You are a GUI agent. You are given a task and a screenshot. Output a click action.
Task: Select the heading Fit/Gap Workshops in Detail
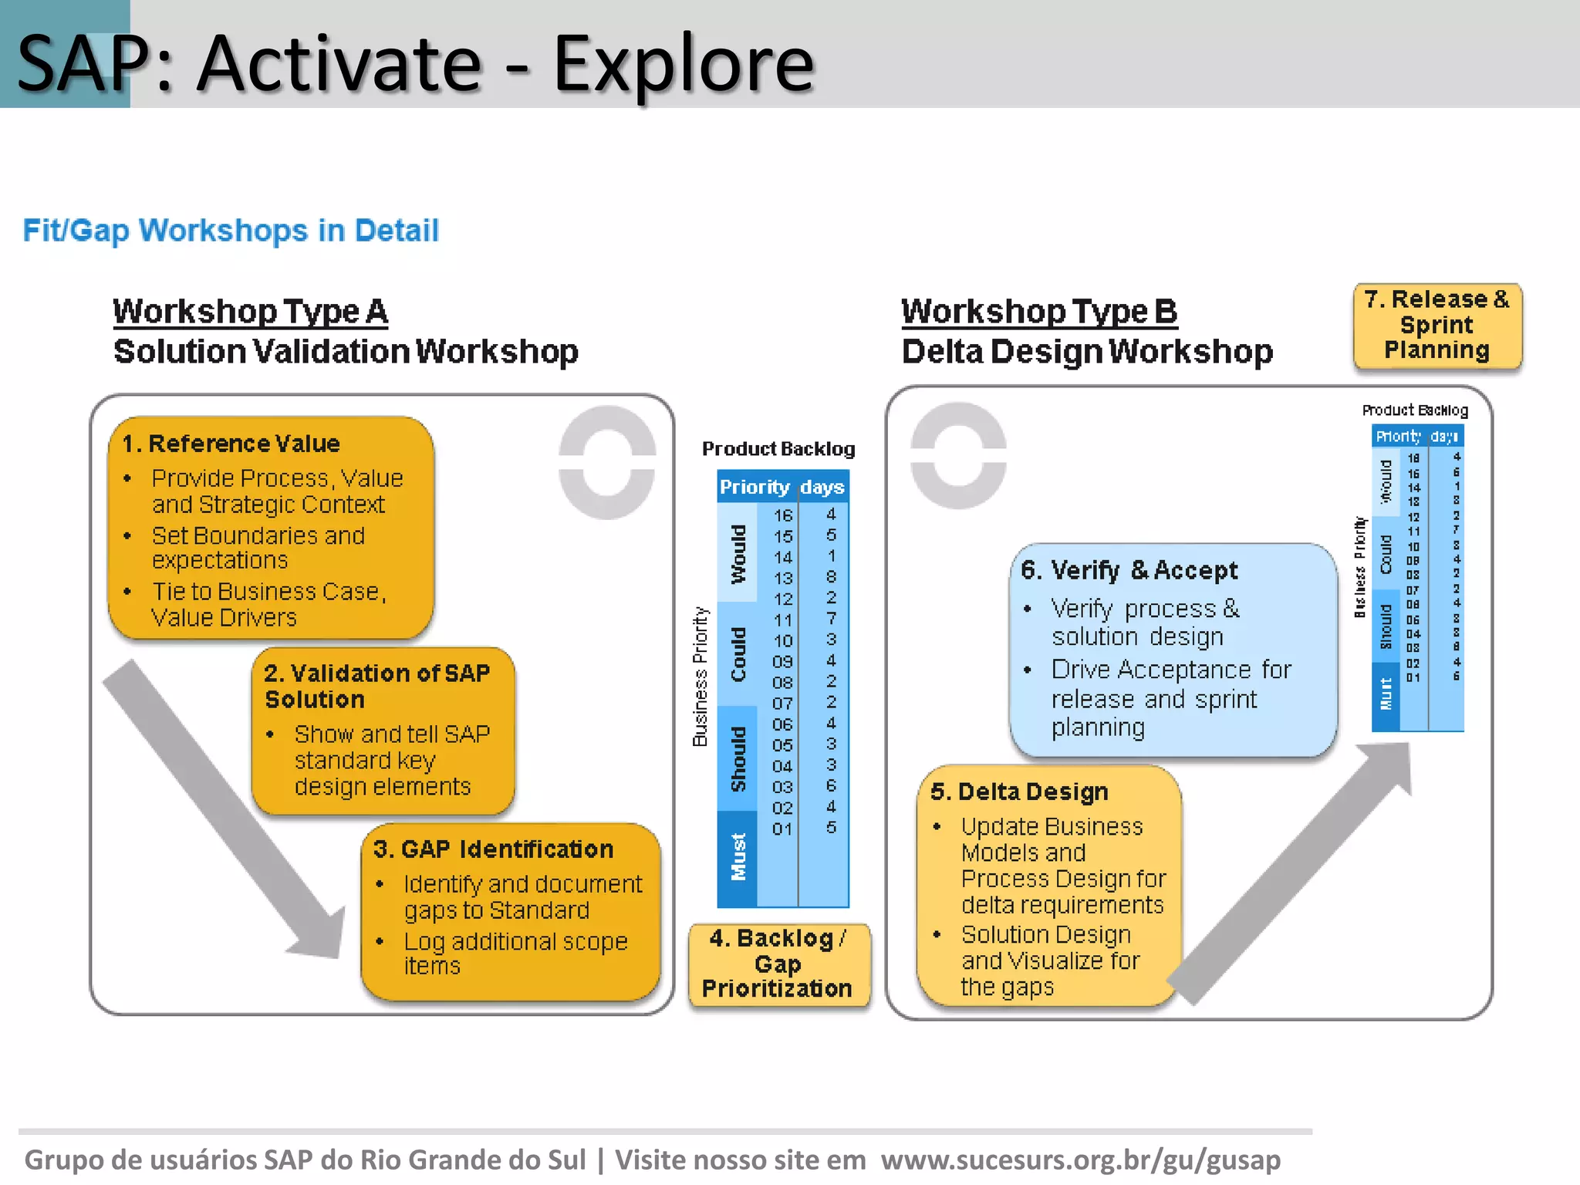[x=231, y=231]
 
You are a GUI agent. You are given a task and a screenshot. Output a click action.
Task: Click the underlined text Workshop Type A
[x=250, y=312]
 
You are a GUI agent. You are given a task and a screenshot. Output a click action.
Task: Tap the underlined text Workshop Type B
[x=1039, y=312]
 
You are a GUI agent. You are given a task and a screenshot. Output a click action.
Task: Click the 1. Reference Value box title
[x=231, y=444]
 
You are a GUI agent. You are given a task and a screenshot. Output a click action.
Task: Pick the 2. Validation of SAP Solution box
[x=383, y=730]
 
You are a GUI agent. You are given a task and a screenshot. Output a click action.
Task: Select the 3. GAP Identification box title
[x=493, y=849]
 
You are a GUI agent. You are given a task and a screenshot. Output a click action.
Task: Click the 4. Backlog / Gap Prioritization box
[x=778, y=964]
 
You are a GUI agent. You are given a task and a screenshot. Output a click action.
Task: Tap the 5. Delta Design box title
[x=1019, y=792]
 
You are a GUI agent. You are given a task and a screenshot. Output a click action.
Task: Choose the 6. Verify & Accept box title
[x=1129, y=570]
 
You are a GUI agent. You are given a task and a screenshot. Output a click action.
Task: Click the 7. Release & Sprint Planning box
[x=1437, y=325]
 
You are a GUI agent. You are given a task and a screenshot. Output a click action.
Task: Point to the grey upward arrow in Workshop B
[x=1296, y=872]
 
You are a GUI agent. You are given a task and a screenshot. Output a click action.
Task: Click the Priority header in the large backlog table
[x=755, y=487]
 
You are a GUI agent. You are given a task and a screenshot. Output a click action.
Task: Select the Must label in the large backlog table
[x=738, y=856]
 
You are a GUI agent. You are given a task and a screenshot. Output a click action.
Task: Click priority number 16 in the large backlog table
[x=783, y=515]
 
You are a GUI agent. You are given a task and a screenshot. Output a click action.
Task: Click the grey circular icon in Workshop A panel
[x=607, y=463]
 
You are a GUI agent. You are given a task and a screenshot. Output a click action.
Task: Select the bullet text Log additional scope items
[x=515, y=954]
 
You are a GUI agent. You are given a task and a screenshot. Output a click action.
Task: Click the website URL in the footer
[x=1080, y=1160]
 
